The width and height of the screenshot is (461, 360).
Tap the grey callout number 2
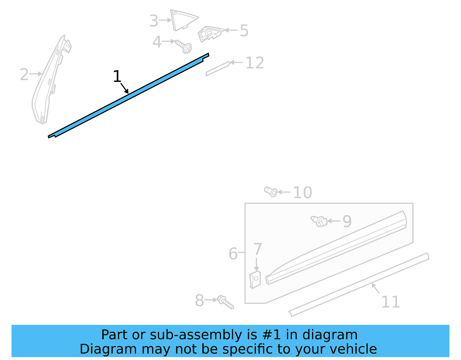pyautogui.click(x=24, y=74)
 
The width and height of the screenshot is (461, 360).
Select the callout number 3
pyautogui.click(x=154, y=21)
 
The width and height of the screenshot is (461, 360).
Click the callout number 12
pyautogui.click(x=255, y=63)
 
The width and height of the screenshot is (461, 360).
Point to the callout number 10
pyautogui.click(x=303, y=193)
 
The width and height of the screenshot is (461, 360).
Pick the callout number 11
pyautogui.click(x=391, y=302)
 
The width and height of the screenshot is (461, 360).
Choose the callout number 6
pyautogui.click(x=233, y=254)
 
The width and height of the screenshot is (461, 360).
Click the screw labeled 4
pyautogui.click(x=184, y=47)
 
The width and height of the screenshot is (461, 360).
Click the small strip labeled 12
pyautogui.click(x=218, y=69)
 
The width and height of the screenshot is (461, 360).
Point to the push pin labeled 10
pyautogui.click(x=271, y=192)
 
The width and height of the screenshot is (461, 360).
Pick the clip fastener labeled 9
pyautogui.click(x=319, y=221)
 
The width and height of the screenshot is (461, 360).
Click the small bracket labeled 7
pyautogui.click(x=255, y=280)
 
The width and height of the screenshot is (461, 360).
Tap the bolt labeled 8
pyautogui.click(x=225, y=302)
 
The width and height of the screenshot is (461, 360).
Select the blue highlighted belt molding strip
pyautogui.click(x=129, y=95)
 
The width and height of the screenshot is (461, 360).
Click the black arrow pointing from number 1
pyautogui.click(x=124, y=88)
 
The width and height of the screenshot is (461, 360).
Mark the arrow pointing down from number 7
pyautogui.click(x=256, y=265)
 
